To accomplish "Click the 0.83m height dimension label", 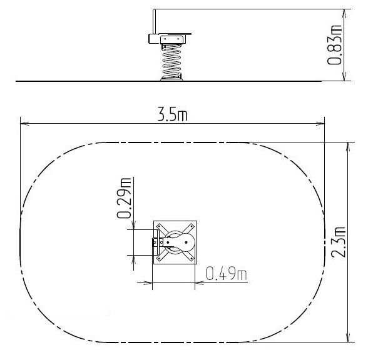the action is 334,44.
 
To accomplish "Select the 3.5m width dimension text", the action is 173,114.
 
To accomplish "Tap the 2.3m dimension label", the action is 339,242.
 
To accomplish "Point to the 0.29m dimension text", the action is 124,198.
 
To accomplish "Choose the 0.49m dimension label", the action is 227,273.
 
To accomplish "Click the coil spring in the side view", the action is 172,62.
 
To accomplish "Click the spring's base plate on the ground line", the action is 171,80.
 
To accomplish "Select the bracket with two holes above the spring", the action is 172,39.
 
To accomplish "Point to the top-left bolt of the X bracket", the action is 159,226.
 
